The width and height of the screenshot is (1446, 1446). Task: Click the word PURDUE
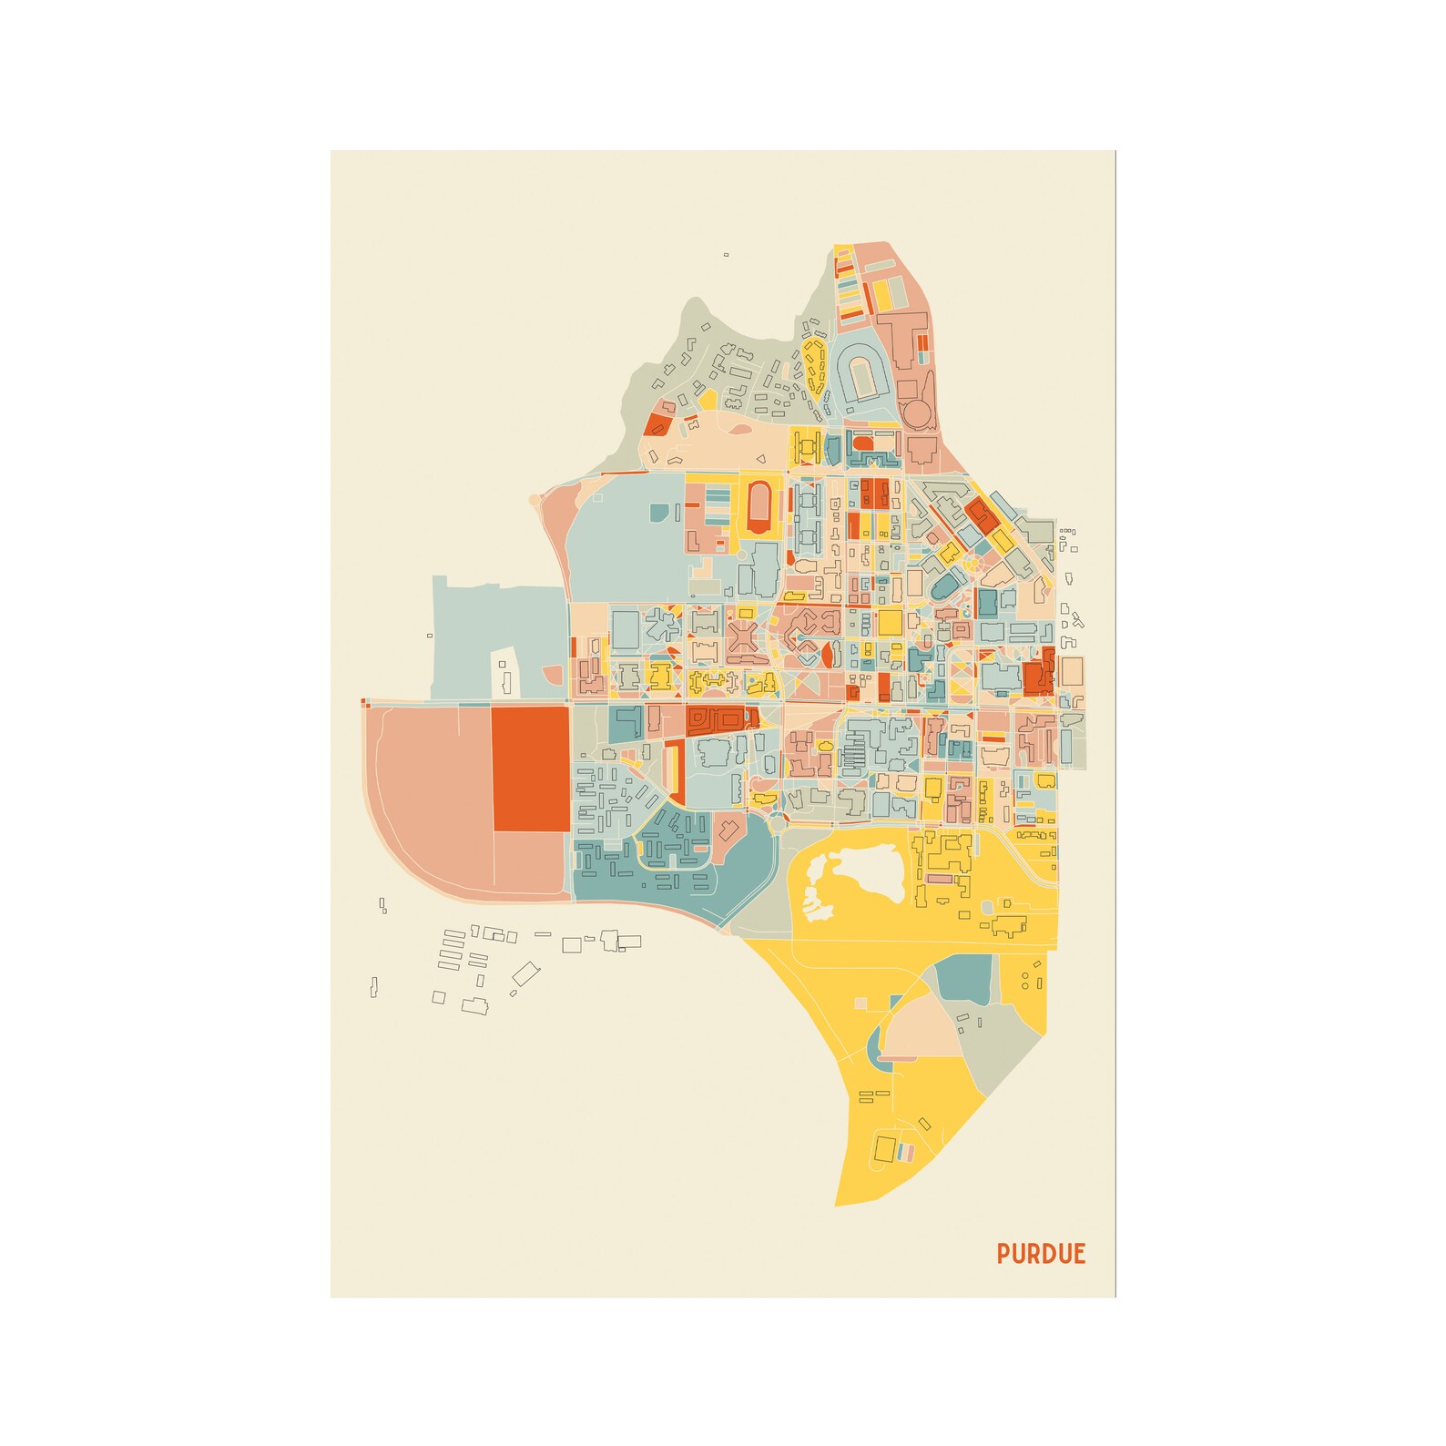(x=1041, y=1254)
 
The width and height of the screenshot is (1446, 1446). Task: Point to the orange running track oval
(x=757, y=507)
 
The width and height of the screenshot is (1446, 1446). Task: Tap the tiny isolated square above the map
(x=726, y=255)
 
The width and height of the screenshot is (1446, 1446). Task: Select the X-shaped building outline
(x=743, y=636)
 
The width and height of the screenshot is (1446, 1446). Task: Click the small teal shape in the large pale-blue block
(x=658, y=513)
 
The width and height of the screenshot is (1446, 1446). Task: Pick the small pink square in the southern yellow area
(x=860, y=1003)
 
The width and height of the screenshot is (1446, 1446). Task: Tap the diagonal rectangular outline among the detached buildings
(x=524, y=974)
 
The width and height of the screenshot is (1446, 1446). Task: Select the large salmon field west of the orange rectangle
(x=428, y=801)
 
